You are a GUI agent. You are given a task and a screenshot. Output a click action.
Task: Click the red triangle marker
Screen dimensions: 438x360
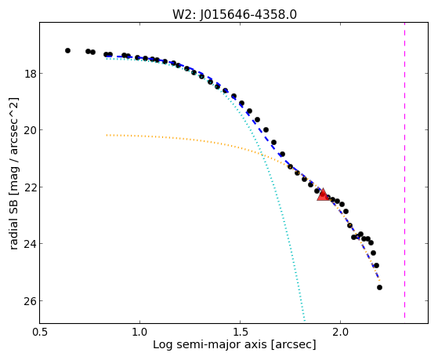[323, 195]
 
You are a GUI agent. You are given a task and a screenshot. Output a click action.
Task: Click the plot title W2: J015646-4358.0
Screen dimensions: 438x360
[234, 15]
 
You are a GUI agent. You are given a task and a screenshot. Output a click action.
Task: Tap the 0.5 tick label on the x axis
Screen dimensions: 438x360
[40, 333]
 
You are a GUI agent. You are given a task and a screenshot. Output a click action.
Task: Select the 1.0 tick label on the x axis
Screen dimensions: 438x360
[139, 333]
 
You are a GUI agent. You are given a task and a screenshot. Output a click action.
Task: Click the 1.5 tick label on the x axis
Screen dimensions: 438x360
[241, 333]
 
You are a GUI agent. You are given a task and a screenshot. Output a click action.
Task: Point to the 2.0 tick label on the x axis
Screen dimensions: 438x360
[341, 333]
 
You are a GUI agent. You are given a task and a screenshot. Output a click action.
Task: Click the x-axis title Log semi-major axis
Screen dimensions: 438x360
[210, 344]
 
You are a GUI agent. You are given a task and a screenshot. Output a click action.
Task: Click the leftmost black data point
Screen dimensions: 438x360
[67, 51]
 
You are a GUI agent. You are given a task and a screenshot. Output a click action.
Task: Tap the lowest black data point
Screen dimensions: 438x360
[379, 288]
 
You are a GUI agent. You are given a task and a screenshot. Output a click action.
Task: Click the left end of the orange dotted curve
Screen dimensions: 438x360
[107, 135]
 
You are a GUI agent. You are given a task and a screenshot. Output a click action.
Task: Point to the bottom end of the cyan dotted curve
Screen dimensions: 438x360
[305, 321]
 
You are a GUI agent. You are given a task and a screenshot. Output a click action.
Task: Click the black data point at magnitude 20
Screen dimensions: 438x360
[266, 129]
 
